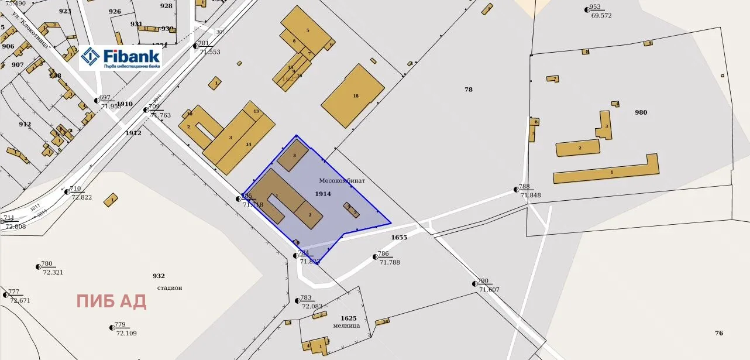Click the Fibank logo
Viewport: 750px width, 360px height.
pyautogui.click(x=120, y=57)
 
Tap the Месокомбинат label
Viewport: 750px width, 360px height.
pyautogui.click(x=342, y=181)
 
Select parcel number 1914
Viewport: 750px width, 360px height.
pyautogui.click(x=323, y=194)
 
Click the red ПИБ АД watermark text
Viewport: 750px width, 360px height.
pyautogui.click(x=111, y=301)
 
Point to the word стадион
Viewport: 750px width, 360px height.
pyautogui.click(x=170, y=287)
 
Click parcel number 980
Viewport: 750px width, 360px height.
pyautogui.click(x=641, y=112)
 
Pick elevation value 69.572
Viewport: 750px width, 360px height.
pyautogui.click(x=601, y=16)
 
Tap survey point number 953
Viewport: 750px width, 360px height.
pyautogui.click(x=595, y=8)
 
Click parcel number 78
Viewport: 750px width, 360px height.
pyautogui.click(x=469, y=90)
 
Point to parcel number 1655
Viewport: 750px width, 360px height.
pyautogui.click(x=399, y=238)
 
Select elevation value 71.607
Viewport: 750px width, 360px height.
pyautogui.click(x=489, y=290)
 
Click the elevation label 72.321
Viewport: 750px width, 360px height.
pyautogui.click(x=53, y=273)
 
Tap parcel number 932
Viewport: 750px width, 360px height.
pyautogui.click(x=159, y=276)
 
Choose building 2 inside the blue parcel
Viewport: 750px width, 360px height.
pyautogui.click(x=309, y=215)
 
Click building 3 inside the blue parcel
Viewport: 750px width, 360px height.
pyautogui.click(x=293, y=155)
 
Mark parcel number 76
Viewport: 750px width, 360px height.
pyautogui.click(x=719, y=333)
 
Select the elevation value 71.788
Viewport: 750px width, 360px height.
pyautogui.click(x=390, y=262)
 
